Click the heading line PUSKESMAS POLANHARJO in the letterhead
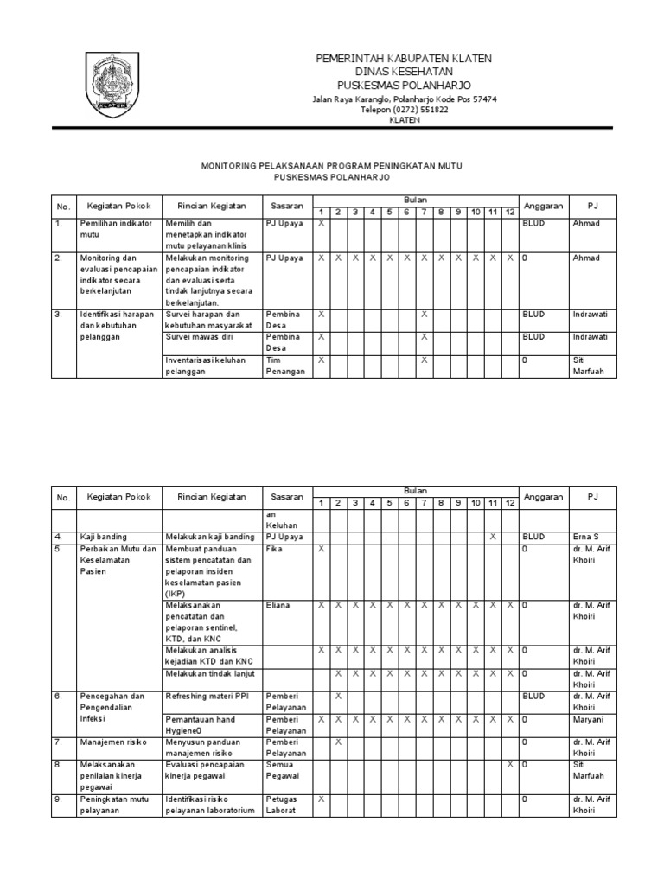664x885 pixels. click(x=404, y=86)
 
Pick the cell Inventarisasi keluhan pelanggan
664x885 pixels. click(x=207, y=366)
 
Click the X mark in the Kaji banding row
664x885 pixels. click(x=493, y=537)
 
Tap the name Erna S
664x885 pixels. click(x=585, y=537)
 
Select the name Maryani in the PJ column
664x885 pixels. click(x=588, y=719)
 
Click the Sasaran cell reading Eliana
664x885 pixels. click(x=279, y=606)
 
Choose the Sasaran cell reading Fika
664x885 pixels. click(x=275, y=549)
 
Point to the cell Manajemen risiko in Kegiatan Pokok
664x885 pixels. click(x=113, y=742)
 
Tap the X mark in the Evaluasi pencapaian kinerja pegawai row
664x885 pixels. click(x=510, y=764)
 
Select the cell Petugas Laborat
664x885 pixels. click(x=282, y=805)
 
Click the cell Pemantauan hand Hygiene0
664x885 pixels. click(x=201, y=724)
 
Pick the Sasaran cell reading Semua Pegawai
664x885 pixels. click(x=282, y=770)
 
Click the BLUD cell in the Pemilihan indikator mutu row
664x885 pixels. click(x=533, y=223)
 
